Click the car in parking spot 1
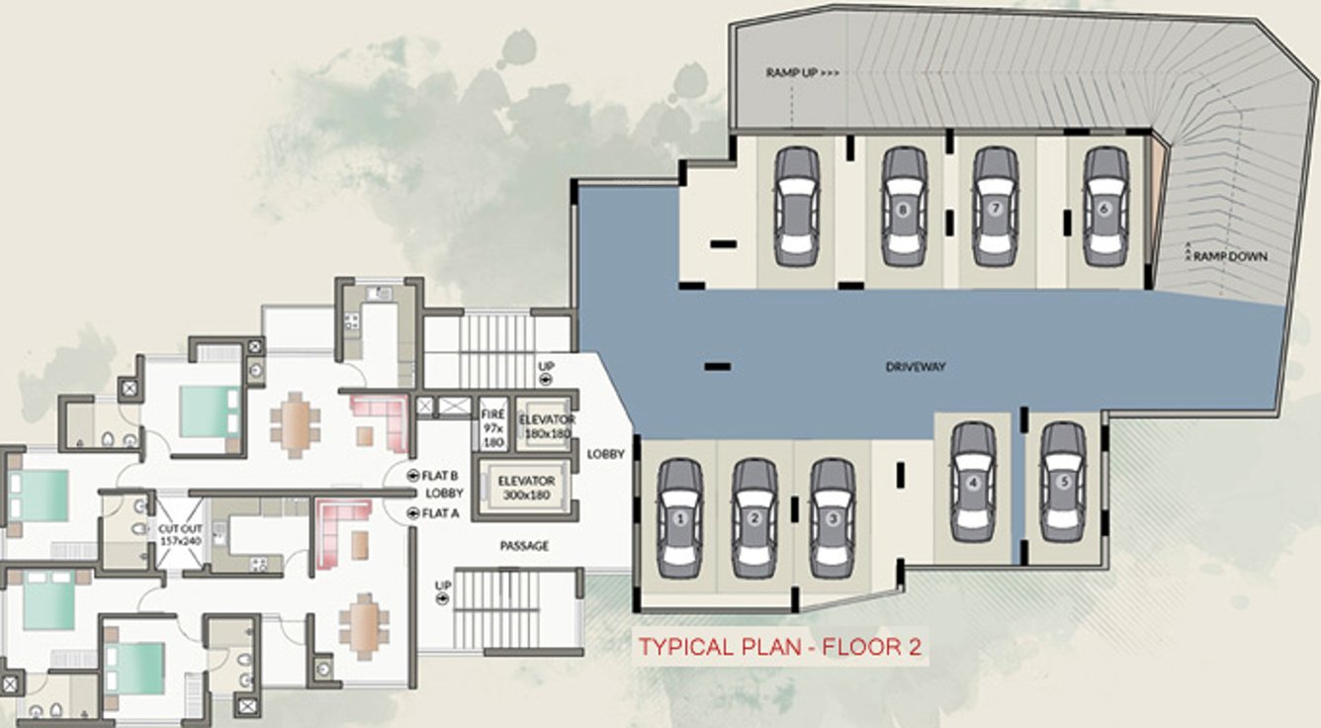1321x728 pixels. (680, 519)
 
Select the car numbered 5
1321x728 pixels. (1063, 482)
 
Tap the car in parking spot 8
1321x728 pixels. (903, 207)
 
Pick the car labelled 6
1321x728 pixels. (1105, 207)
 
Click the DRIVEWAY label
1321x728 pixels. (916, 367)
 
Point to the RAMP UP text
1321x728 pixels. (802, 73)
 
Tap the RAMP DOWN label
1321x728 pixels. (1230, 256)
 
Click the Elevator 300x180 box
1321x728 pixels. (526, 488)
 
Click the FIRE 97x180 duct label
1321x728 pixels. (492, 428)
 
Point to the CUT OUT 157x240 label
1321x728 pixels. (180, 534)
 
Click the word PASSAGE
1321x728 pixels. (524, 546)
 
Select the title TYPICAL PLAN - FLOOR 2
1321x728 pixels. (779, 647)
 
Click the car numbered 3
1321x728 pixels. (833, 519)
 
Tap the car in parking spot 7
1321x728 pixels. (996, 207)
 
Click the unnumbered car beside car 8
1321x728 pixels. (797, 207)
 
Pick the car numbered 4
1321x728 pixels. (973, 482)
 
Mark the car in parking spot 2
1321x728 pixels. (754, 519)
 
